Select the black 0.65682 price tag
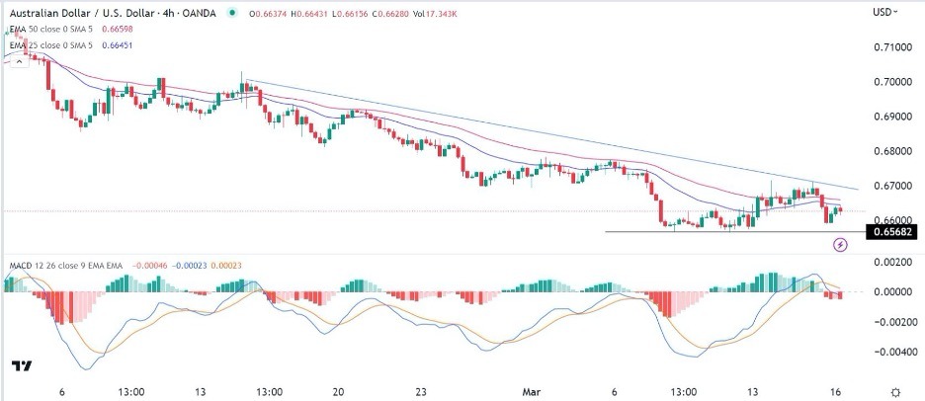[x=890, y=232]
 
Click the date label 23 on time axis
[x=420, y=389]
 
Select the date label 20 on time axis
[x=338, y=389]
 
